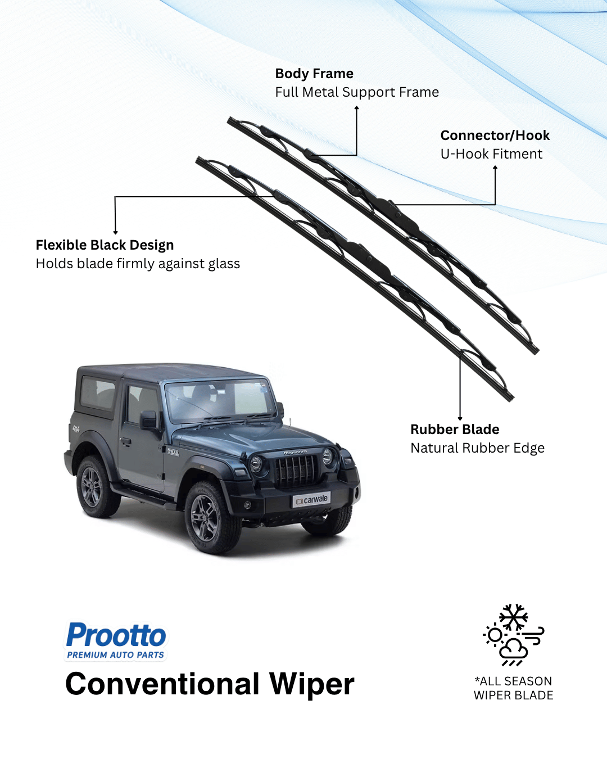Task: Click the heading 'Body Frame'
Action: [314, 74]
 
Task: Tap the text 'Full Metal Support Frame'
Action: [357, 92]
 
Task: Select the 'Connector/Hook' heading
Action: [495, 135]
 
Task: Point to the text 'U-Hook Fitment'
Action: [491, 154]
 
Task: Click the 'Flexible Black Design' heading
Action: [105, 245]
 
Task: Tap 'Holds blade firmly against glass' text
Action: [138, 264]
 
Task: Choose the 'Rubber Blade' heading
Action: [455, 430]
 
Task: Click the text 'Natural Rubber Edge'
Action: [477, 448]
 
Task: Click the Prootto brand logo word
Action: [116, 635]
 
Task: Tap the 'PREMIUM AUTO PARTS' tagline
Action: [116, 655]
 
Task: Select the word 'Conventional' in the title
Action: [162, 684]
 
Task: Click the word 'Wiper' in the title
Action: [311, 684]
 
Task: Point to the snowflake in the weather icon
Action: [514, 617]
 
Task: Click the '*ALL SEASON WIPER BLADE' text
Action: [513, 688]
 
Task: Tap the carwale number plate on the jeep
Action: [311, 499]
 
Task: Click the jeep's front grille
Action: [295, 470]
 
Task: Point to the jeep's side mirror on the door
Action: [149, 419]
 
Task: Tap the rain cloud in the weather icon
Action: [514, 649]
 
